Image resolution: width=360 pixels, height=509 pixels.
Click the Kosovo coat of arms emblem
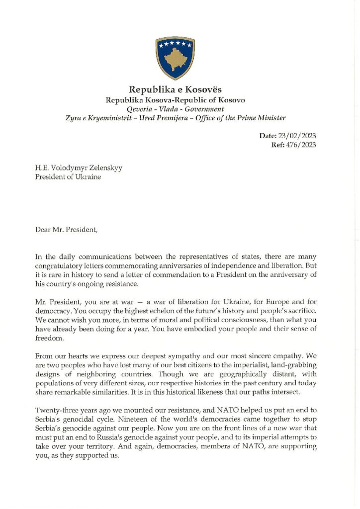point(175,55)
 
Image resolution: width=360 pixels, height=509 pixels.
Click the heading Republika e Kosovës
point(175,90)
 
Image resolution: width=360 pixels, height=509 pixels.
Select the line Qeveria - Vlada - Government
point(175,109)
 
